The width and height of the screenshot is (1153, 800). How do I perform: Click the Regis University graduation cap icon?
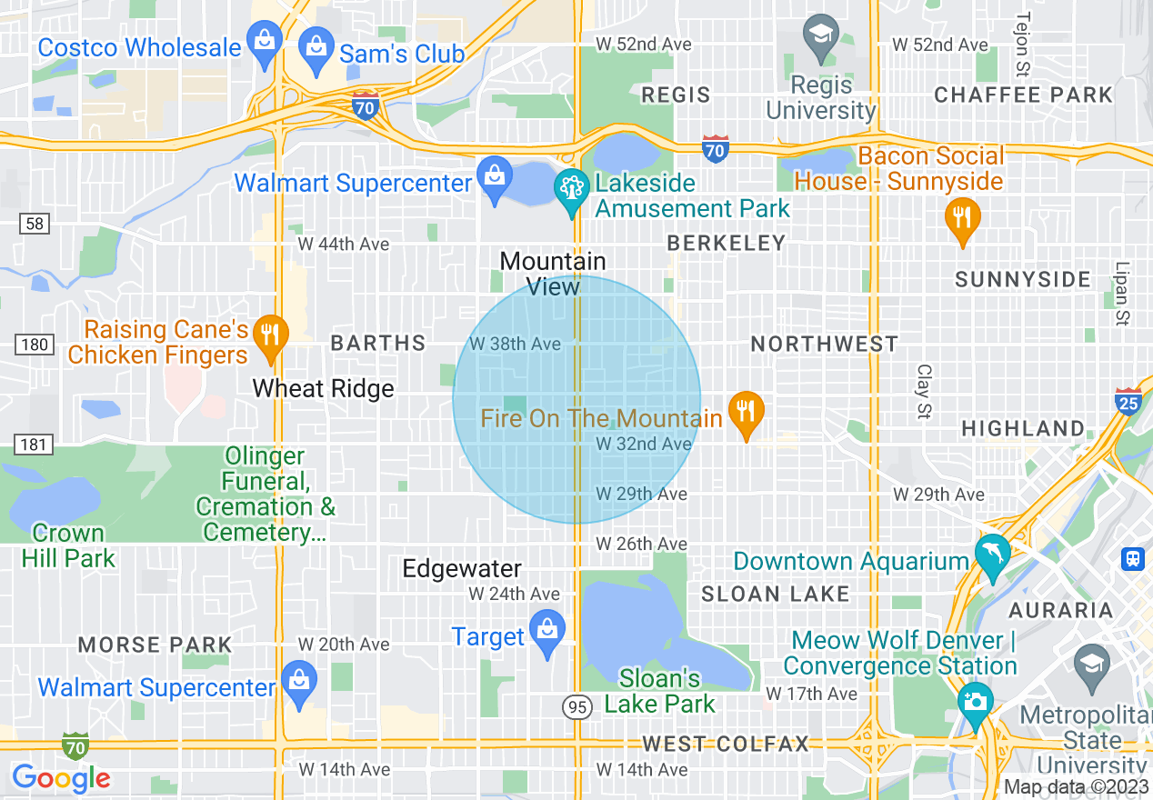tap(822, 37)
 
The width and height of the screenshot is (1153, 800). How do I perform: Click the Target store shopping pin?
tap(546, 633)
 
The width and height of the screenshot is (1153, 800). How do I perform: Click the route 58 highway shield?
tap(35, 223)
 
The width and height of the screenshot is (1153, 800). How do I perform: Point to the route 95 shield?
tap(577, 706)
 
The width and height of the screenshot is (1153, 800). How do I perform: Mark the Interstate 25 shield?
tap(1128, 401)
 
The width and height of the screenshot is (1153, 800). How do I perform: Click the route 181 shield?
tap(35, 444)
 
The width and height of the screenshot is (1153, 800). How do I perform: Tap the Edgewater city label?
tap(462, 569)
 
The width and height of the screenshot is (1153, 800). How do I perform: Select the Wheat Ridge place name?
tap(323, 389)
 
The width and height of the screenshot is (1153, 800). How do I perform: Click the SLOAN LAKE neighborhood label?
tap(775, 595)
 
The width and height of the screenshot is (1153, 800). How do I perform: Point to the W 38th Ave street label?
tap(515, 345)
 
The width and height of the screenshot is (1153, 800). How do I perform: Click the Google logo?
tap(61, 778)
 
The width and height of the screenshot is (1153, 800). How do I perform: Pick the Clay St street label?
tap(925, 392)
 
